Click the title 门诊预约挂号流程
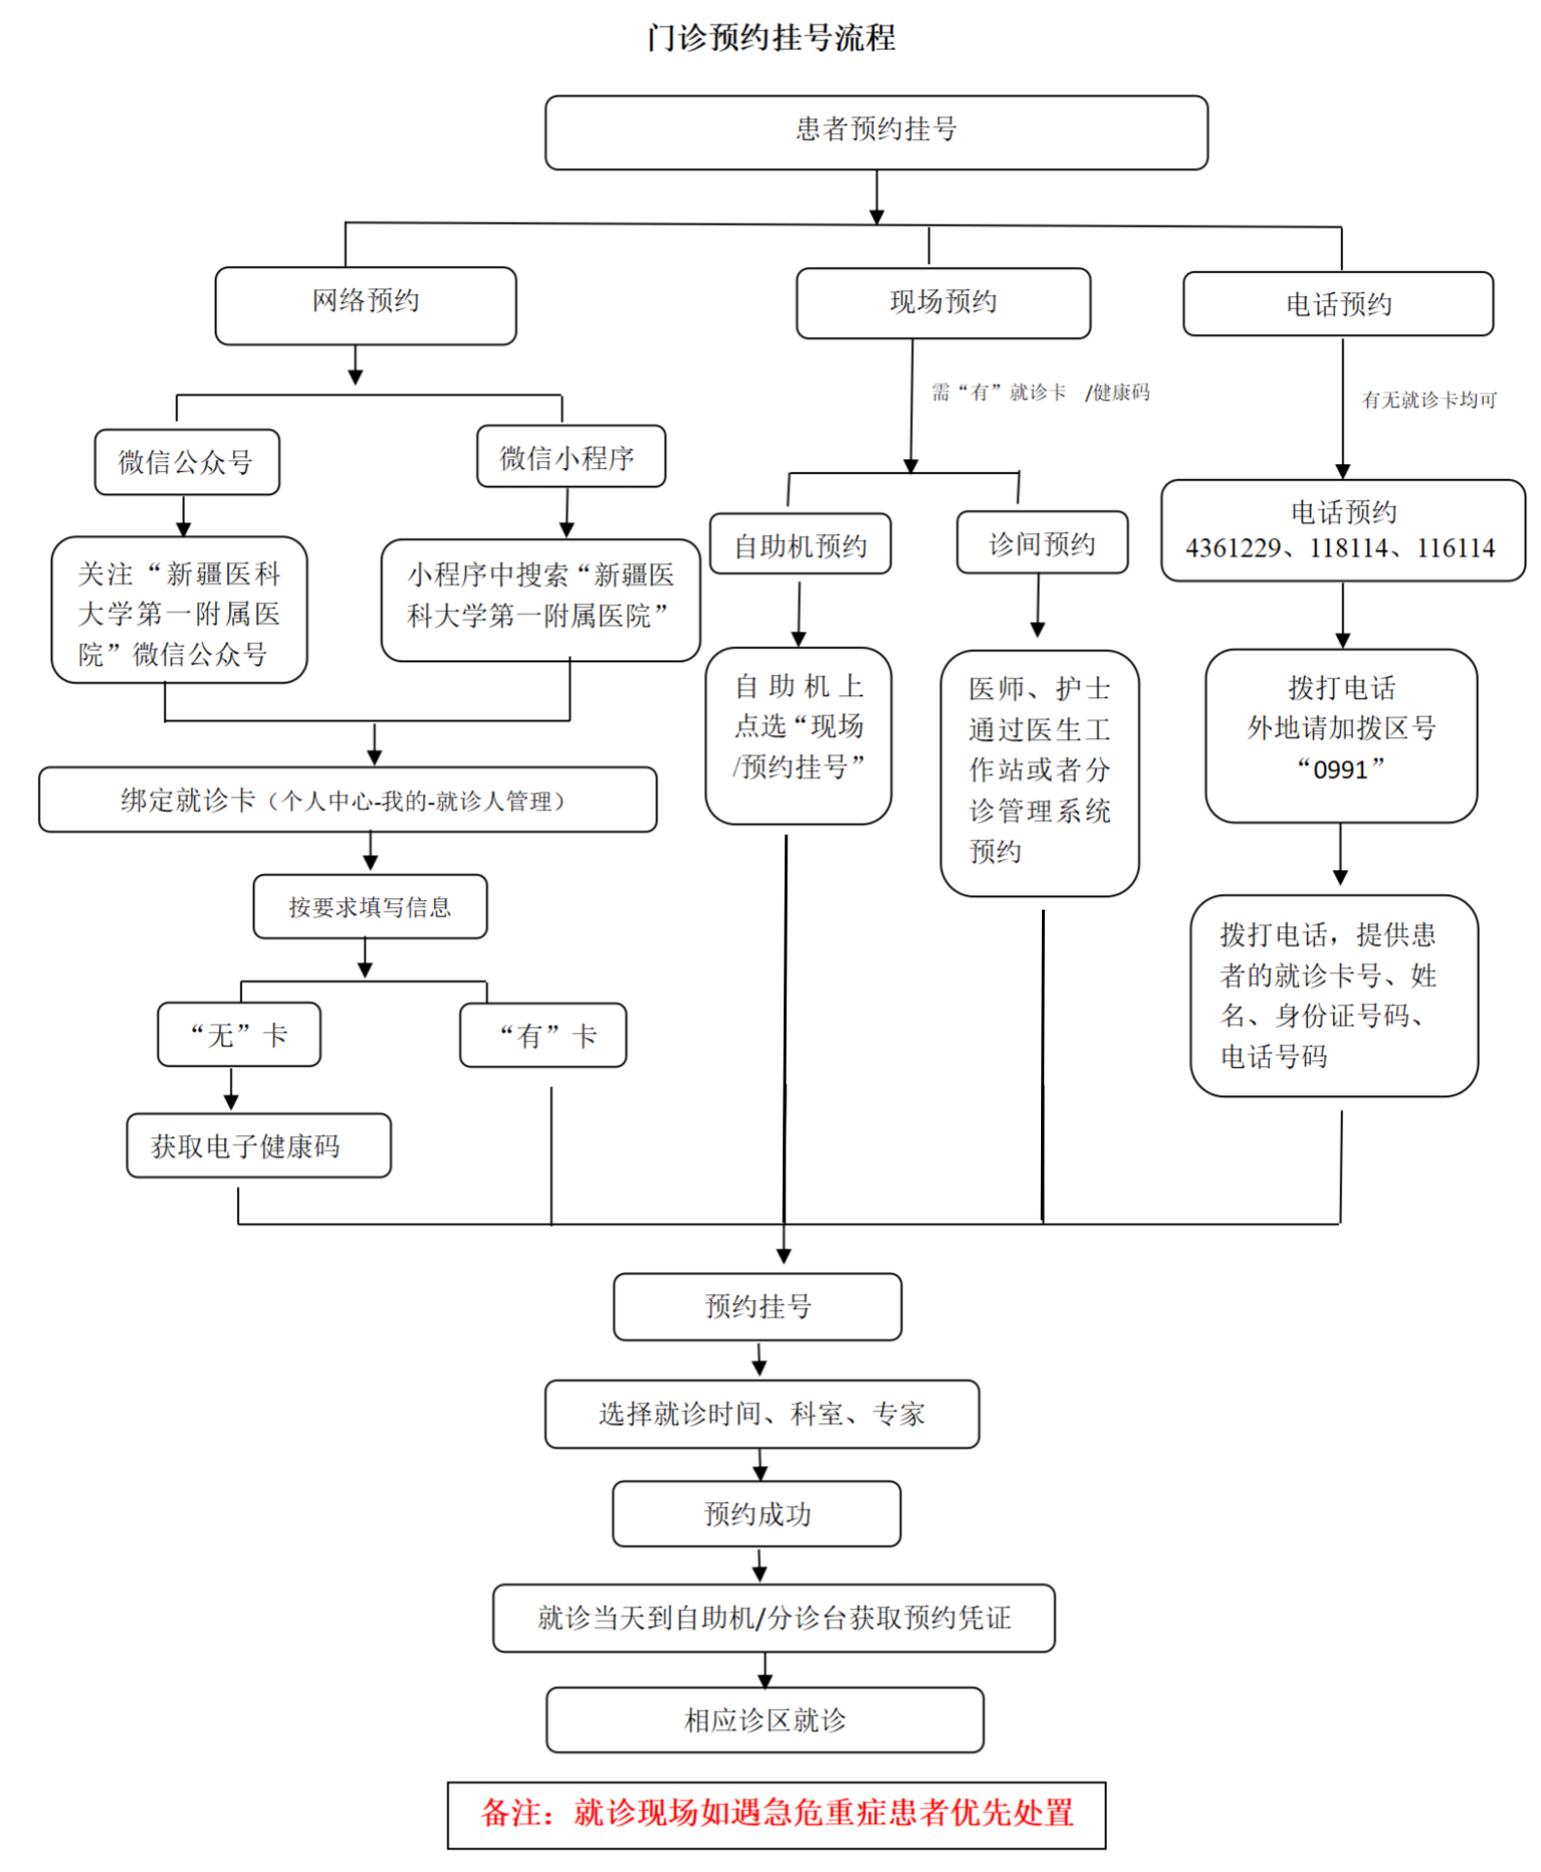pos(771,38)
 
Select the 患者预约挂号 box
pos(876,131)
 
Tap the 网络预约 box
pos(365,304)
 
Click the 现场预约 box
pos(943,303)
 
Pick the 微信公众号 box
pos(186,462)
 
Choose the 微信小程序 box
pos(570,456)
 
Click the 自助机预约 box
pos(800,545)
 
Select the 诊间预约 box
pos(1042,543)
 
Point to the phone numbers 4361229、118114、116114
pos(1340,549)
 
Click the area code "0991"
pos(1340,769)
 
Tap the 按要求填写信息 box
pos(370,907)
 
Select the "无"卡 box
pos(239,1035)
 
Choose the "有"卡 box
pos(543,1036)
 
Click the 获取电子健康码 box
pos(258,1146)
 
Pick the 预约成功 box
pos(756,1514)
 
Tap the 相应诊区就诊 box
pos(764,1721)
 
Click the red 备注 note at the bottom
pos(776,1814)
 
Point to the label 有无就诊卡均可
pos(1428,400)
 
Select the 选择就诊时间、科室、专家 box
pos(761,1414)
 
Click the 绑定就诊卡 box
pos(347,800)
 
